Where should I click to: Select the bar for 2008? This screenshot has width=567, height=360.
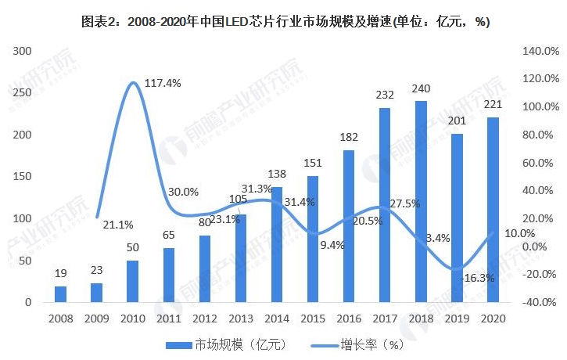pos(60,294)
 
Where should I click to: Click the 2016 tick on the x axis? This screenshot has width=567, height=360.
pos(349,319)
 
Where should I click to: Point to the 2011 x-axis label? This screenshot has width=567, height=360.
pos(169,319)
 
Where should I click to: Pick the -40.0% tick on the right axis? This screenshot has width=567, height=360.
pos(536,302)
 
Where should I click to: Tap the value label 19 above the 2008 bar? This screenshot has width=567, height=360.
pos(60,274)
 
